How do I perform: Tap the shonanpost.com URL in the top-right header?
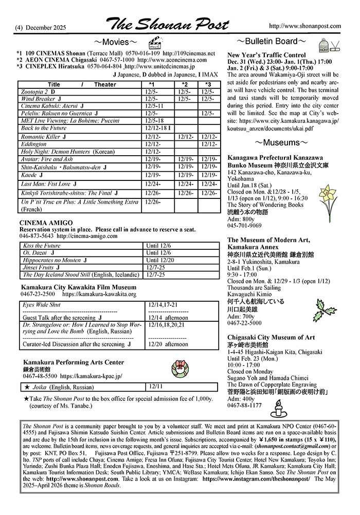304,26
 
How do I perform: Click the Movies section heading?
115,42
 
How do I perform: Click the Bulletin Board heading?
272,41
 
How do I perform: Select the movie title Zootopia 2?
34,91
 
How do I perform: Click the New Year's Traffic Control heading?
266,54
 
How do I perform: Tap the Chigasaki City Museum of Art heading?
271,337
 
